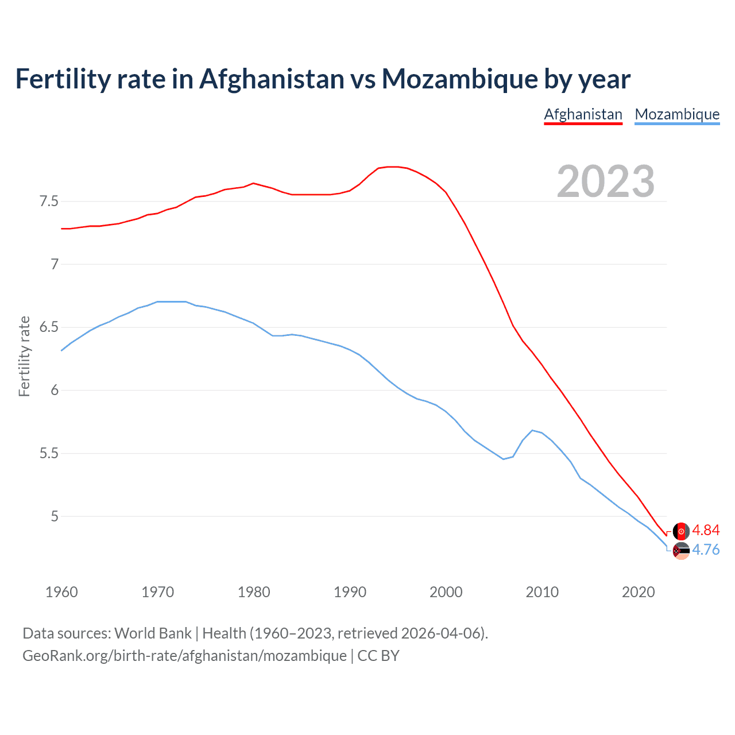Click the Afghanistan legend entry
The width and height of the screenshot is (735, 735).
coord(583,114)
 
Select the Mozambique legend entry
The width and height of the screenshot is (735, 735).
coord(677,114)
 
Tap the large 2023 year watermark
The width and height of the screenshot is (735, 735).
coord(605,181)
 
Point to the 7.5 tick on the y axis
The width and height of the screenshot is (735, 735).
coord(49,202)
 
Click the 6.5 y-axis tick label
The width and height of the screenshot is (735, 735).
coord(49,327)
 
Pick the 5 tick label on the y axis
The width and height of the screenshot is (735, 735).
coord(55,516)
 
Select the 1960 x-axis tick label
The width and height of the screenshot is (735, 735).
coord(61,592)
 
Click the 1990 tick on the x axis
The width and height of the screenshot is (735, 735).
coord(350,592)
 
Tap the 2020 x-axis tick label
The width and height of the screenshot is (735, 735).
coord(638,592)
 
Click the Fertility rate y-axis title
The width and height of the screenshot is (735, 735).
coord(24,356)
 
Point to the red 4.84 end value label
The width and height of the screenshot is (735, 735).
coord(706,530)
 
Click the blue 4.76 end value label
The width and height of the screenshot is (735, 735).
coord(706,550)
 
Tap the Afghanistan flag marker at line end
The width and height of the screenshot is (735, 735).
coord(681,531)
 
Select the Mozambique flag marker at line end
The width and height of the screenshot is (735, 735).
coord(681,551)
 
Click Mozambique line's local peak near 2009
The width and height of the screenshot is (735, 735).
coord(532,430)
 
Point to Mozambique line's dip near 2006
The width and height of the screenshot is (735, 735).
coord(504,459)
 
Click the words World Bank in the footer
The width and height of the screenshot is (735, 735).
coord(153,633)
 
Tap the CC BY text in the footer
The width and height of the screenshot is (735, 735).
coord(378,655)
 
